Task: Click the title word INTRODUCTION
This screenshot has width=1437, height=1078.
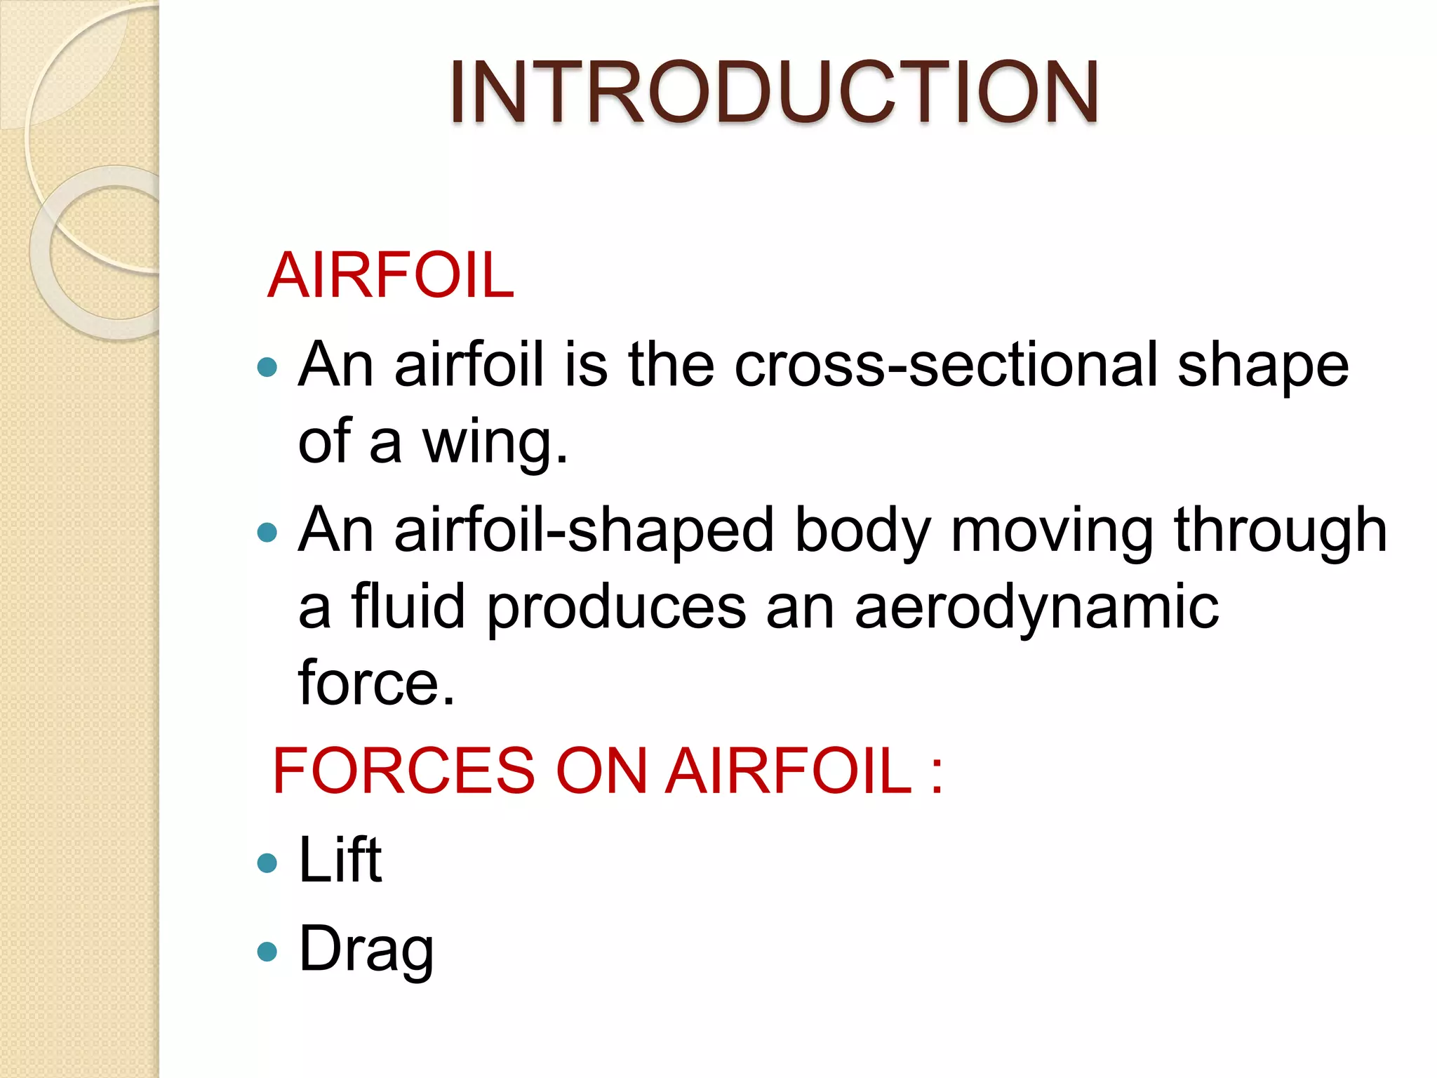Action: coord(774,93)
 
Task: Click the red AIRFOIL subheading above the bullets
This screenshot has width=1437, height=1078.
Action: coord(391,275)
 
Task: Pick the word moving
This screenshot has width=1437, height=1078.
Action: coord(1052,531)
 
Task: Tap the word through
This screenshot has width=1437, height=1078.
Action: coord(1281,531)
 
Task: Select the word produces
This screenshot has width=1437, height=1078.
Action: coord(617,608)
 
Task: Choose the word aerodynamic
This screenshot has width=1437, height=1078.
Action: coord(1036,608)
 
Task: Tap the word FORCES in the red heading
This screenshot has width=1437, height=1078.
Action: coord(404,771)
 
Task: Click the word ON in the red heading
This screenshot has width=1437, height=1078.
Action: coord(601,771)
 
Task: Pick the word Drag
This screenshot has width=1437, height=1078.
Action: coord(366,950)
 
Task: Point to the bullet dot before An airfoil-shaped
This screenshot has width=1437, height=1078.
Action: coord(267,532)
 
